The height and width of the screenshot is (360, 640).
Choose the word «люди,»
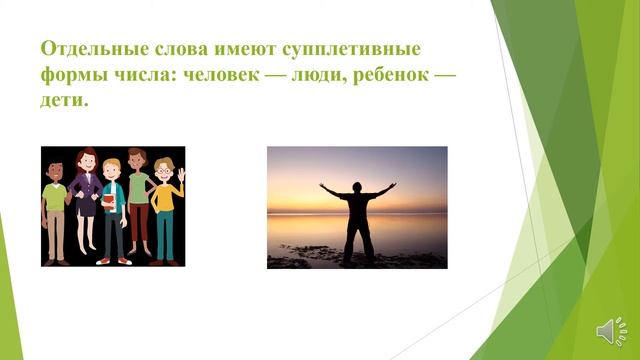tap(336, 76)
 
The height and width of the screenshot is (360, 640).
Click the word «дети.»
tap(66, 103)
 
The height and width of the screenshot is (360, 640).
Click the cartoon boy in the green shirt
tap(56, 206)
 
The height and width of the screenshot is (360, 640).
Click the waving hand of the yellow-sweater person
tap(180, 174)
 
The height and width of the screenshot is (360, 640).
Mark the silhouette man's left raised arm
tap(329, 189)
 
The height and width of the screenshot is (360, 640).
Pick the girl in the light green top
tap(137, 200)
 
